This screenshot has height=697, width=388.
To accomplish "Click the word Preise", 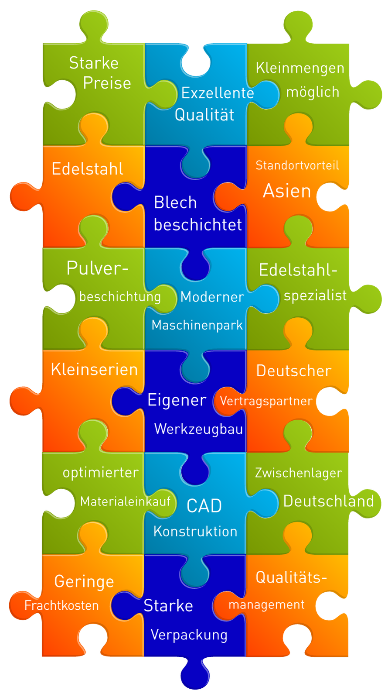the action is pyautogui.click(x=107, y=83).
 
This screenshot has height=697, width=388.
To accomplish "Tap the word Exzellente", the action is pyautogui.click(x=218, y=93).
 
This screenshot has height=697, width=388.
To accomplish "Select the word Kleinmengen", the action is pyautogui.click(x=300, y=69).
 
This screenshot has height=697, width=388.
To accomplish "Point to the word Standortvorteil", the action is pyautogui.click(x=297, y=165).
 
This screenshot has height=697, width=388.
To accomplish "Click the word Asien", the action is pyautogui.click(x=287, y=191).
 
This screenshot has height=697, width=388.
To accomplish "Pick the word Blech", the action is pyautogui.click(x=175, y=202).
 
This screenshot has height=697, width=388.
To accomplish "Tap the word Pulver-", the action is pyautogui.click(x=97, y=268).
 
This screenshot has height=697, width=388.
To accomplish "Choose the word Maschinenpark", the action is pyautogui.click(x=197, y=326).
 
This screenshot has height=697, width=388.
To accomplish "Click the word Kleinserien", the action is pyautogui.click(x=94, y=369).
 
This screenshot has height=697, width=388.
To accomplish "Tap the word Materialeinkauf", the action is pyautogui.click(x=125, y=501).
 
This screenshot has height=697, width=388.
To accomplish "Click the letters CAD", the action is pyautogui.click(x=204, y=506).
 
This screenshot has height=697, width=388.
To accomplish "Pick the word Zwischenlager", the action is pyautogui.click(x=299, y=473).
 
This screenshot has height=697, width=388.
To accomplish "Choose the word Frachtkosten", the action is pyautogui.click(x=61, y=605).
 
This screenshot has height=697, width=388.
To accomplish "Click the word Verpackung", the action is pyautogui.click(x=189, y=635).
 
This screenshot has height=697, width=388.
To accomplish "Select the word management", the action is pyautogui.click(x=266, y=605).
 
